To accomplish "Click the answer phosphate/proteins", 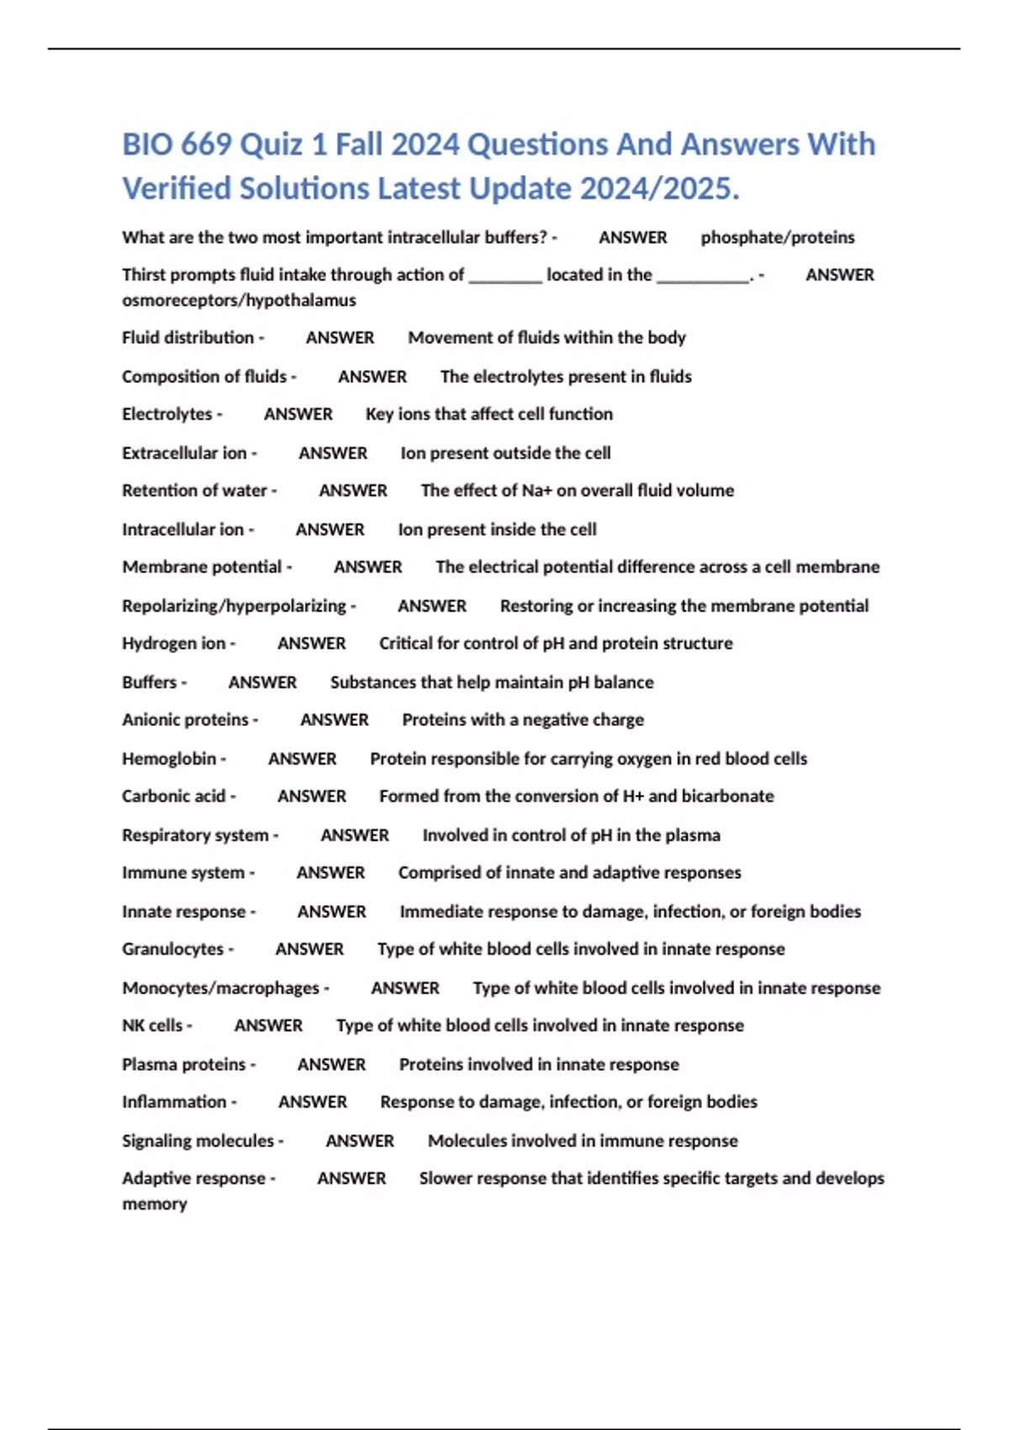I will (x=777, y=238).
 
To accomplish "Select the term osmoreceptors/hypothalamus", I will (x=239, y=300).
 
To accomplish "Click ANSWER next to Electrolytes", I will (x=298, y=415).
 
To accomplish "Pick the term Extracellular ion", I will (x=184, y=453).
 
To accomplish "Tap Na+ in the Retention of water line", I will (x=534, y=490).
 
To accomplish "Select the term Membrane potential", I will (x=202, y=567).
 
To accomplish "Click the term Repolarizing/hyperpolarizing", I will (x=234, y=606).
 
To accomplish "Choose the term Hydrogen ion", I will (x=174, y=643).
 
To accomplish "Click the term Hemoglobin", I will (x=169, y=759).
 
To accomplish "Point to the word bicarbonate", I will (x=727, y=797).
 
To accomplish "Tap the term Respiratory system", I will (x=195, y=835).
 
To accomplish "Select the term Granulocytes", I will (x=172, y=950).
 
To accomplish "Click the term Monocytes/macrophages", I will (x=220, y=988).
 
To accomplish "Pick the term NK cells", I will (x=152, y=1026).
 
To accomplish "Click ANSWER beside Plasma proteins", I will (x=331, y=1065).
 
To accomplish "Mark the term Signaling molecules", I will (x=198, y=1141).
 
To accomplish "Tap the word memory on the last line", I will (x=155, y=1205).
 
